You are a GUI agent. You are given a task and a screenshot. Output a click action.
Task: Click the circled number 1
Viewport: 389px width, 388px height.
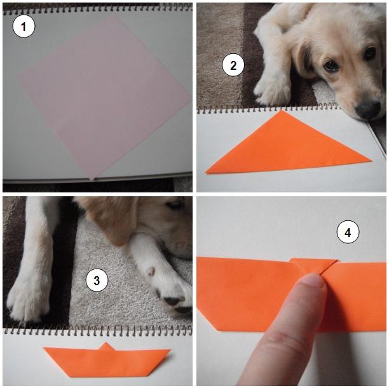[24, 26]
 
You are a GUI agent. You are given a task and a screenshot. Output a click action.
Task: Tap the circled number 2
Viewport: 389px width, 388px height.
[233, 65]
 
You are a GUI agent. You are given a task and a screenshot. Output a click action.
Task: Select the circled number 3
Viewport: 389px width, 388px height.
[97, 281]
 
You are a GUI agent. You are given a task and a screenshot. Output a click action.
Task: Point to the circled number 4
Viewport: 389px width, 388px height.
[348, 232]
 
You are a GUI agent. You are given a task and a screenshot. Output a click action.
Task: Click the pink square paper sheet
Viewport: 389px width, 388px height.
[103, 95]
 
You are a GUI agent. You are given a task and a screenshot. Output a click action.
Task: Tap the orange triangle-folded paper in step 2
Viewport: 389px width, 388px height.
[288, 146]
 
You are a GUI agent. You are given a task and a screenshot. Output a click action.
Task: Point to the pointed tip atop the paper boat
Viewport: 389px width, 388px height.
[106, 343]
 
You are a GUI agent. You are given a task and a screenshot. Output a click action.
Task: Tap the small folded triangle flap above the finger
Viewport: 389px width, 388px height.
[313, 265]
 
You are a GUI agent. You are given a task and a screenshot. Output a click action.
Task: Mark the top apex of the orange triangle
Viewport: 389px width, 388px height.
[282, 110]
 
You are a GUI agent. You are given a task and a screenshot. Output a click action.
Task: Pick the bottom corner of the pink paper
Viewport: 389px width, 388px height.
[91, 179]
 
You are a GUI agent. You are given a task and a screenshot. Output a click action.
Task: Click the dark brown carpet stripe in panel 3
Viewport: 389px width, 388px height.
[62, 263]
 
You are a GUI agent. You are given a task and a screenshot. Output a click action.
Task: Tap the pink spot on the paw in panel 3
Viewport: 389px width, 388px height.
[151, 271]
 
